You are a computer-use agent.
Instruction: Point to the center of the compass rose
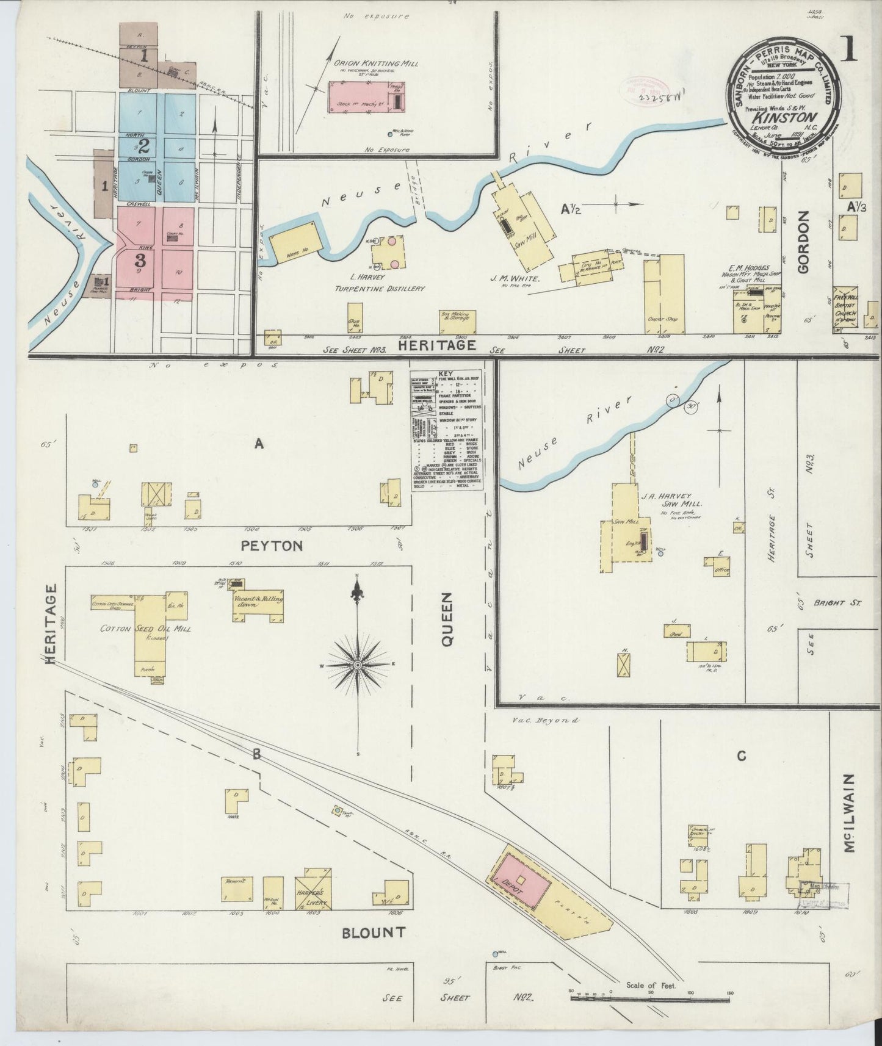tap(358, 664)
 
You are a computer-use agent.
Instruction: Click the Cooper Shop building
tap(664, 295)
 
